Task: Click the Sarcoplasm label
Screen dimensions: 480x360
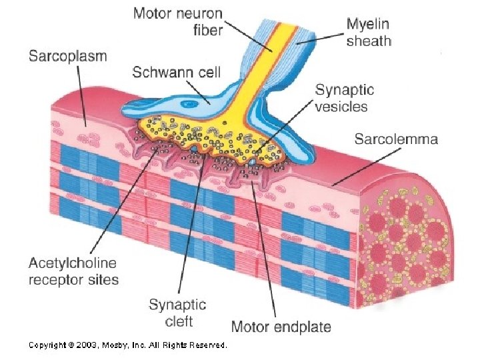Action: [67, 56]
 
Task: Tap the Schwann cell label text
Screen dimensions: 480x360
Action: [176, 72]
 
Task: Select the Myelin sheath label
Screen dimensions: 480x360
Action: [369, 33]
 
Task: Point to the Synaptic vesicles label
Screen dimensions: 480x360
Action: [344, 97]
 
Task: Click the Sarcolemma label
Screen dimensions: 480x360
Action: [396, 139]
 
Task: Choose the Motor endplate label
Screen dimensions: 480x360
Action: [281, 327]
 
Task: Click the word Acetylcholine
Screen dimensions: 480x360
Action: [72, 264]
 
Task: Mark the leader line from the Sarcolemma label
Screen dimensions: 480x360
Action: [363, 164]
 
